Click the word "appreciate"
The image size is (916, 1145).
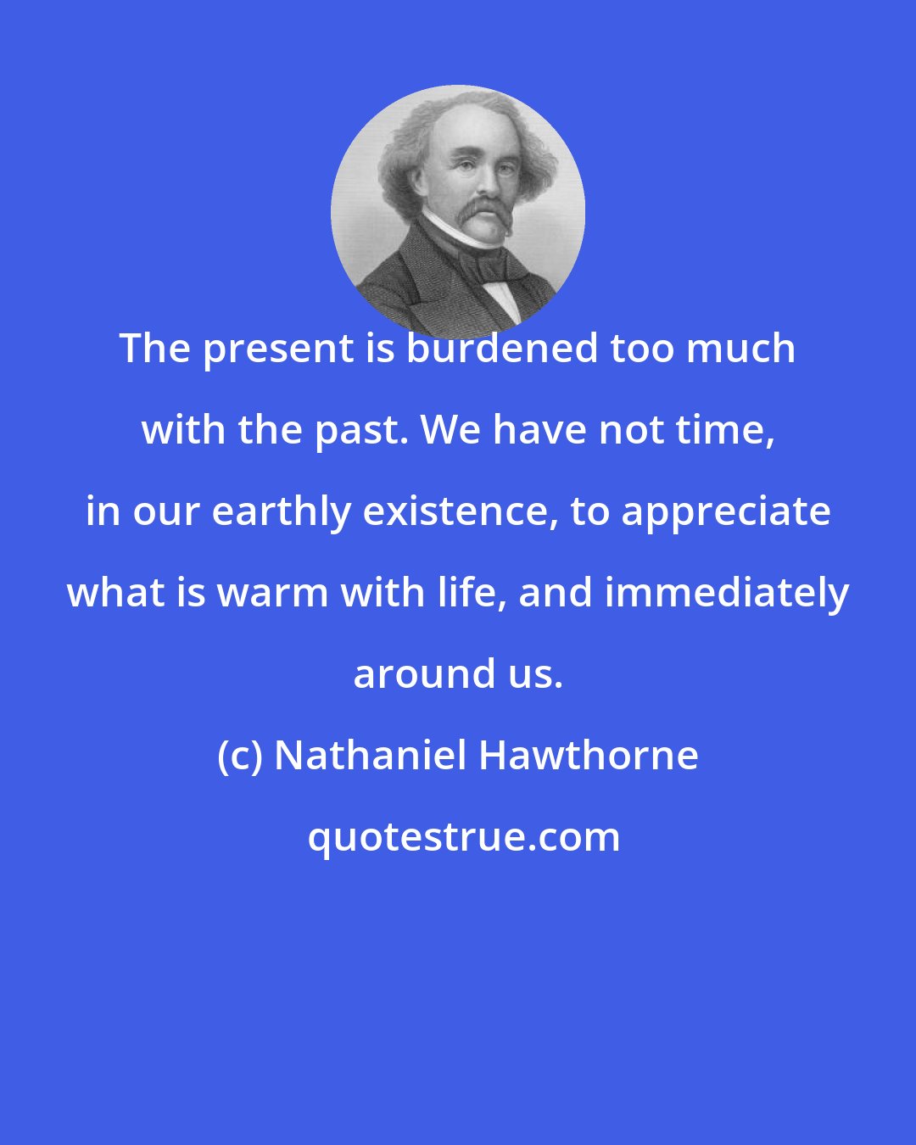pos(727,511)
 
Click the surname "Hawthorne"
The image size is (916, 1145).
pos(589,756)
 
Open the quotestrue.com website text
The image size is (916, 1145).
pos(463,837)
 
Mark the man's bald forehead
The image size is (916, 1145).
pos(462,127)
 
